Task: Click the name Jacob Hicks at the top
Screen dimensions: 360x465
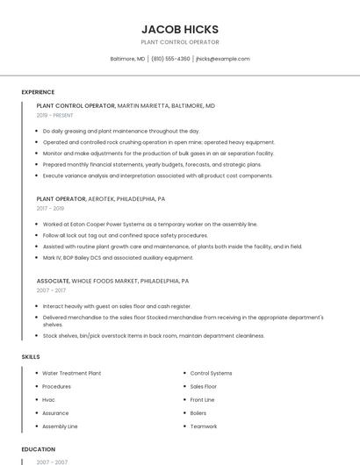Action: [180, 29]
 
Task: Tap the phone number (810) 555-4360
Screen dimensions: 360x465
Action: [170, 59]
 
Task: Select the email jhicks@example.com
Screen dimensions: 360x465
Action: [223, 59]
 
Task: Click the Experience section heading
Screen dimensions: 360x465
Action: [38, 92]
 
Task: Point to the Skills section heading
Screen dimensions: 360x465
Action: [31, 357]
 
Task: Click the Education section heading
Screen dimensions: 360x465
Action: [38, 449]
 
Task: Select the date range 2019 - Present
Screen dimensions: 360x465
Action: [55, 115]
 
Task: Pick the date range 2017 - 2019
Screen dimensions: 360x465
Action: [50, 209]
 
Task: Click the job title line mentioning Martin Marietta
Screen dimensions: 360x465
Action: [126, 105]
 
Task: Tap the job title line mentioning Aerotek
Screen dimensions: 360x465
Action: [101, 199]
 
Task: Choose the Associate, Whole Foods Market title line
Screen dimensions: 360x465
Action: [112, 281]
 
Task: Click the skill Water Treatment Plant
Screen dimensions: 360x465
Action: [72, 373]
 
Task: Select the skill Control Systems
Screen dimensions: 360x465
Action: [211, 373]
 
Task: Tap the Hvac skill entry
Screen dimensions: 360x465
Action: [49, 399]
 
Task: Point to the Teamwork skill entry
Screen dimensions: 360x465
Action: [204, 426]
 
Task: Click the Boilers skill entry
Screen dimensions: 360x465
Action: [198, 412]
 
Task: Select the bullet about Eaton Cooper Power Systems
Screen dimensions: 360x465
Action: [150, 225]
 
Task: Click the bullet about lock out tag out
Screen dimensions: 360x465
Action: [126, 235]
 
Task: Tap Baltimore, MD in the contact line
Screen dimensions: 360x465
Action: [127, 59]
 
